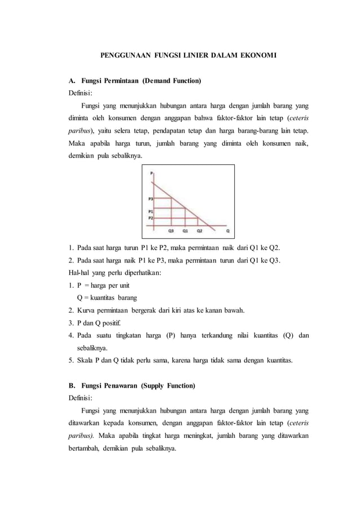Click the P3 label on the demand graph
tap(151, 199)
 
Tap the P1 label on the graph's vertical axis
tap(151, 211)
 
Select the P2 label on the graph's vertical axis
tap(151, 217)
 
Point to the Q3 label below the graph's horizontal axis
tap(171, 231)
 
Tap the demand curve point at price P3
tap(172, 198)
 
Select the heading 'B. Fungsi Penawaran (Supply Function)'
tap(131, 386)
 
